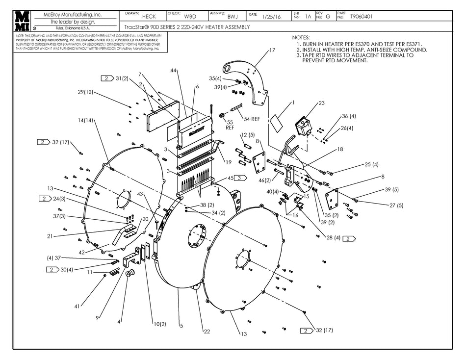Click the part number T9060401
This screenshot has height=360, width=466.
(362, 17)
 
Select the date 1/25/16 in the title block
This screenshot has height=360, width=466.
(272, 17)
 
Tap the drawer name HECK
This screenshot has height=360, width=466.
(149, 17)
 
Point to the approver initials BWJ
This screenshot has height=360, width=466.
(233, 16)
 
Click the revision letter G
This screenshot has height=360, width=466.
(328, 17)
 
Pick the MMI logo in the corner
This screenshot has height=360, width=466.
(23, 21)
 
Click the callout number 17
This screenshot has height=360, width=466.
(272, 51)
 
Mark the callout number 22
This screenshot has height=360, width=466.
(207, 332)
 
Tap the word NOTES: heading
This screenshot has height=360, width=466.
(301, 38)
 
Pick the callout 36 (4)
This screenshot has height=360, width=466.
(349, 116)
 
